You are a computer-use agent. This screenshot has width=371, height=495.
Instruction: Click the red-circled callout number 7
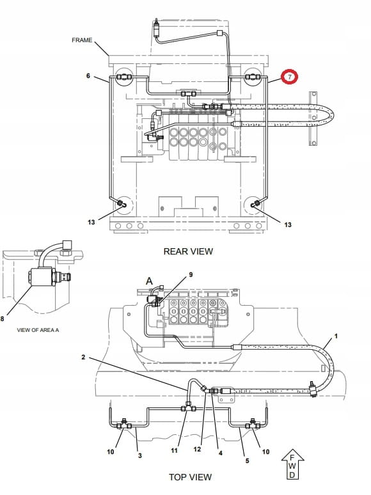pyautogui.click(x=290, y=77)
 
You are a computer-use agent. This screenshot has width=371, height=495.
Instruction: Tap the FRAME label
pyautogui.click(x=82, y=40)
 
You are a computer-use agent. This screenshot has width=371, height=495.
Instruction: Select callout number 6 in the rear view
pyautogui.click(x=88, y=75)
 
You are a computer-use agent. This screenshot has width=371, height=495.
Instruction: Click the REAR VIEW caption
pyautogui.click(x=188, y=251)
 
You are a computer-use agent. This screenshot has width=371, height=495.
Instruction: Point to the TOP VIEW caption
pyautogui.click(x=190, y=477)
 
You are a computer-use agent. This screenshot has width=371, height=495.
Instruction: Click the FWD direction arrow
pyautogui.click(x=292, y=464)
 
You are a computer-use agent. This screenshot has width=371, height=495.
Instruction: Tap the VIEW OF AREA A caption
pyautogui.click(x=38, y=330)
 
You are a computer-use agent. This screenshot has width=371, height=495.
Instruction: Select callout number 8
pyautogui.click(x=2, y=319)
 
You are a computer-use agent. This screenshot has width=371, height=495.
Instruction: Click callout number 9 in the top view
pyautogui.click(x=191, y=275)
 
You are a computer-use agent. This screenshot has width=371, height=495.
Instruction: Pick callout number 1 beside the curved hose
pyautogui.click(x=336, y=336)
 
